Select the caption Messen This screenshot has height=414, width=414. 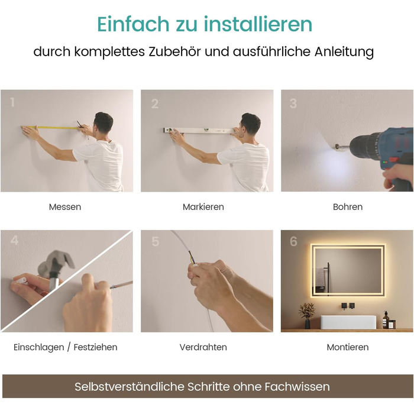click(65, 207)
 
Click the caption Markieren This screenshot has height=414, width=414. click(203, 207)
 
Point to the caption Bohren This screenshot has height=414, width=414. click(348, 207)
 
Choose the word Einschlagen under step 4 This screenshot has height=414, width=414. click(39, 347)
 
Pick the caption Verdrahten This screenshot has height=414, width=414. click(203, 347)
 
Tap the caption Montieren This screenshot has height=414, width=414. click(348, 347)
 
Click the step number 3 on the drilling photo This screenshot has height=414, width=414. click(293, 103)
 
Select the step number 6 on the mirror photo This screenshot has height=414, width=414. click(293, 241)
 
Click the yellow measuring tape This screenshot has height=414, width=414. click(51, 128)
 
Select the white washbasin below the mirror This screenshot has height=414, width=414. click(348, 322)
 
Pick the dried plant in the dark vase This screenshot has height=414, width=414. click(307, 312)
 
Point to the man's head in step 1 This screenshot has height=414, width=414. click(103, 122)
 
